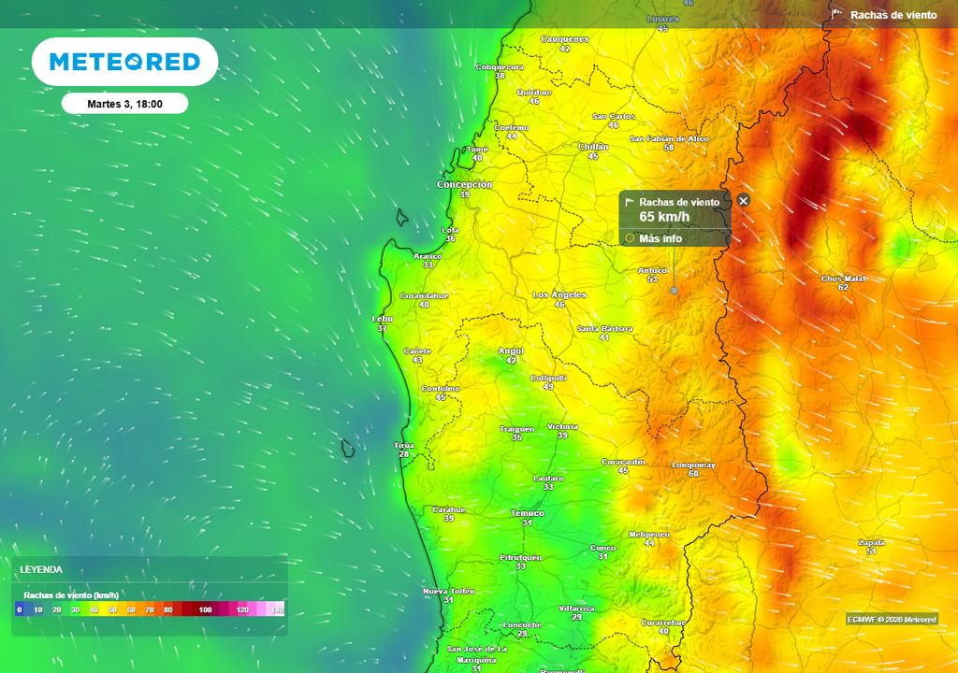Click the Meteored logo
coord(124,62)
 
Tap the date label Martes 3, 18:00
coord(124,104)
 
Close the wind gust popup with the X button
coord(744,200)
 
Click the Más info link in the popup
coord(660,238)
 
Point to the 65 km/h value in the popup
coord(664,217)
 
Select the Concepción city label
coord(464,185)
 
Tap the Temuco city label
coord(527,513)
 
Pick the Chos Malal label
coord(843,279)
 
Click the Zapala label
coord(871,542)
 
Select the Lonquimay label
coord(693,465)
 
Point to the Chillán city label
coord(593,147)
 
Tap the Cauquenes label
coord(565,39)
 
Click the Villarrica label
coord(576,609)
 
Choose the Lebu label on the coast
coord(382,318)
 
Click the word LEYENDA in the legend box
coord(42,569)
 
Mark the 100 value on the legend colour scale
coord(205,609)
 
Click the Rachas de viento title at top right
coord(893,15)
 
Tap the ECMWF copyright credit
coord(891,619)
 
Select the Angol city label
coord(511,351)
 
